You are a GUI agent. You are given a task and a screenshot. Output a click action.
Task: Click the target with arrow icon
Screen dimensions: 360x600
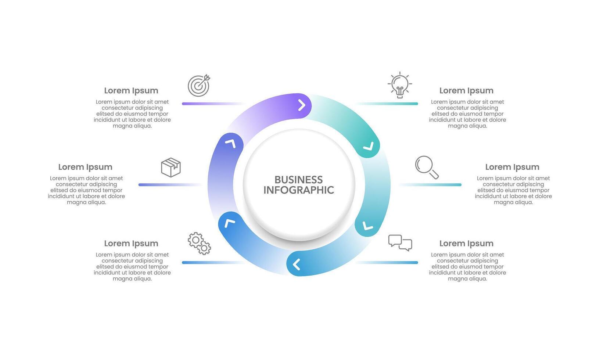coord(199,86)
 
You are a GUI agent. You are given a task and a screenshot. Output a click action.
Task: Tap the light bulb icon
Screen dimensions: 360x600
coord(400,85)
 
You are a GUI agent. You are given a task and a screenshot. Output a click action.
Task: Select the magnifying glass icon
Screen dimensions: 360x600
coord(427,167)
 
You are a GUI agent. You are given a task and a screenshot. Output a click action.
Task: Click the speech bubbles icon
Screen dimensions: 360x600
coord(400,243)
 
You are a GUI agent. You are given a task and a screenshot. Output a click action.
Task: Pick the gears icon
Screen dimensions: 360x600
coord(199,243)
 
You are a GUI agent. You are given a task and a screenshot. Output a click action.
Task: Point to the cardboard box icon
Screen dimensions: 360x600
coord(171,168)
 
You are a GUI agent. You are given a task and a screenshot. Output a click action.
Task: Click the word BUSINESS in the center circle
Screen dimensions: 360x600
coord(298,180)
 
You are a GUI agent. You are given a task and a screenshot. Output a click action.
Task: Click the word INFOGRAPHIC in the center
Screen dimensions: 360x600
coord(298,190)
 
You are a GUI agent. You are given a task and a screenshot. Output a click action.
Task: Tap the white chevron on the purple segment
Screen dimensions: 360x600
coord(302,105)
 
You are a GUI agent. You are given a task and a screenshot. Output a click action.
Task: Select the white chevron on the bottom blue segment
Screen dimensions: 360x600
coord(297,264)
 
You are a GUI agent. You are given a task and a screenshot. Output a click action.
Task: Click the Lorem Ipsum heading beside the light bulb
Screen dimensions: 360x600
coord(466,90)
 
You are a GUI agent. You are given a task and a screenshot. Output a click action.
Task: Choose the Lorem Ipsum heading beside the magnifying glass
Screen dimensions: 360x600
coord(512,167)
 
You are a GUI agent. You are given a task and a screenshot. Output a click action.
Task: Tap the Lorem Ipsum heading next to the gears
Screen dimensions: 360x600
coord(131,243)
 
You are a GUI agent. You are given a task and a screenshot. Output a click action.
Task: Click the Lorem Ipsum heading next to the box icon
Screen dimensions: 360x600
coord(85,167)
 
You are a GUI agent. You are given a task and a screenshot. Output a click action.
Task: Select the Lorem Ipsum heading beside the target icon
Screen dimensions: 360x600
coord(131,90)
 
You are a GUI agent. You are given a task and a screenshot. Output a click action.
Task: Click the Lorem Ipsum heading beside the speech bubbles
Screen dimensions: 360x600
coord(466,243)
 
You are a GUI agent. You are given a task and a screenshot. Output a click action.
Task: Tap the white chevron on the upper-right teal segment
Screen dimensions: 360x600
coord(368,147)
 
